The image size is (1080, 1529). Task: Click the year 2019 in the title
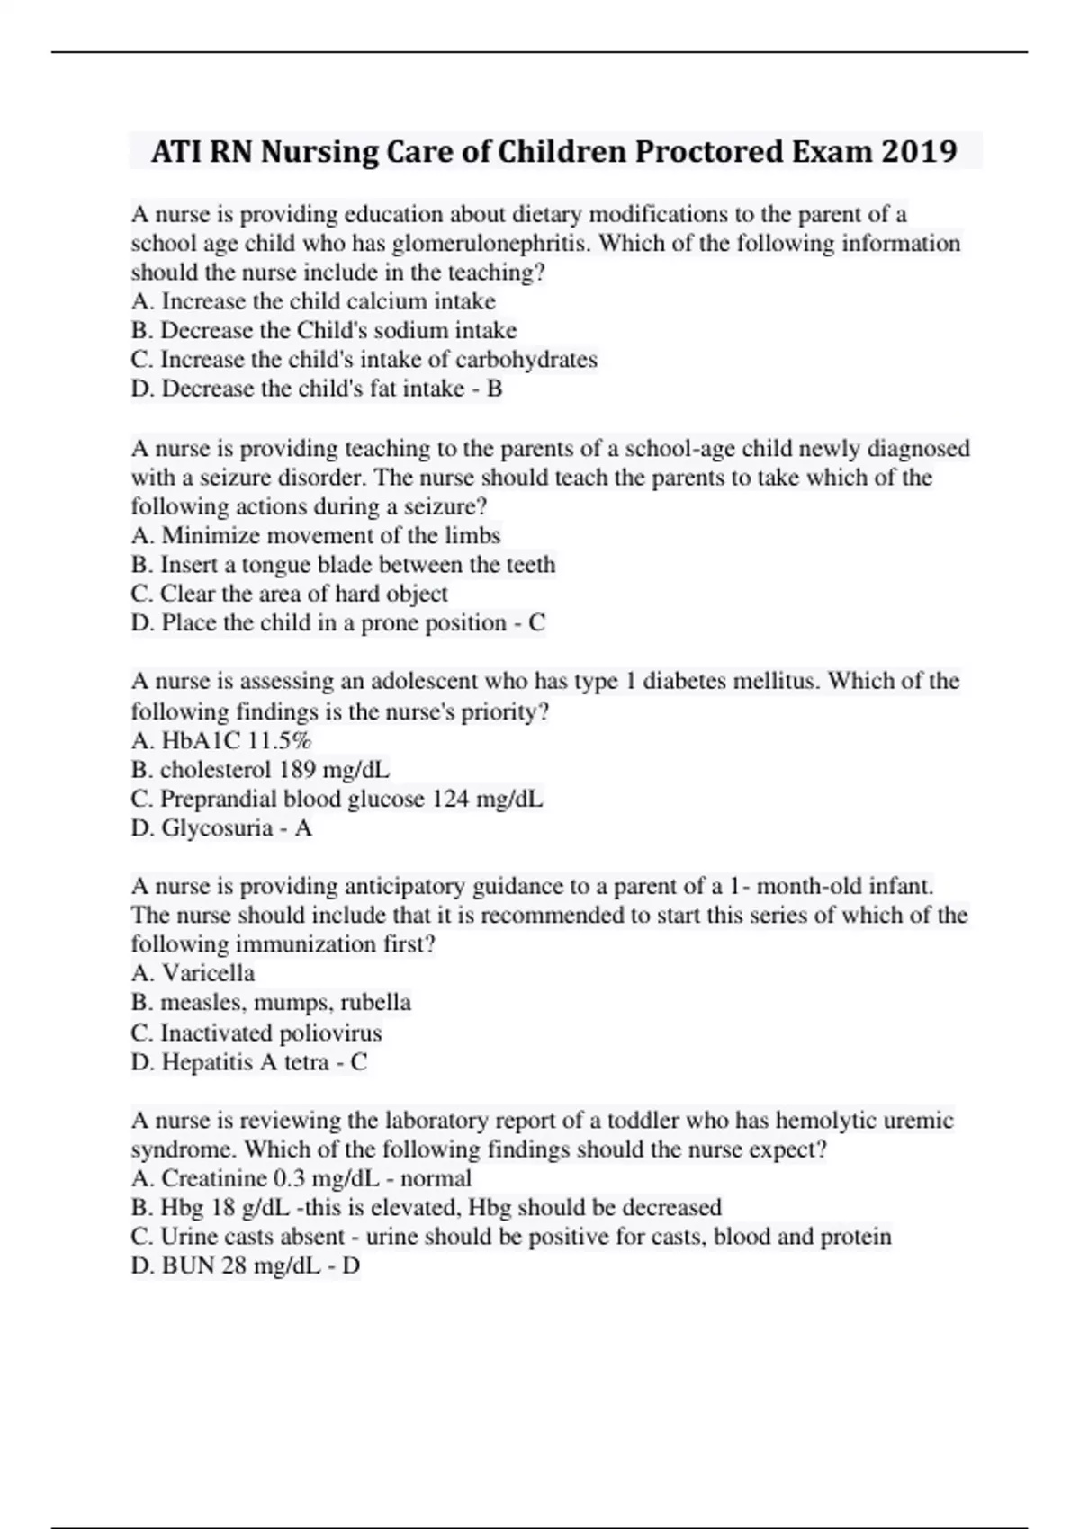(x=919, y=151)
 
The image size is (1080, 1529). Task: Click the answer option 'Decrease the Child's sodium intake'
(x=324, y=330)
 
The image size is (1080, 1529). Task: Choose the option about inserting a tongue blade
(x=343, y=565)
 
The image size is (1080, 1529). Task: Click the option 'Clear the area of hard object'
(x=289, y=594)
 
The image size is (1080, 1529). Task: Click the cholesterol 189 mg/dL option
(x=260, y=770)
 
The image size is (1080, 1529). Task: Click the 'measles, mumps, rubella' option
(x=271, y=1003)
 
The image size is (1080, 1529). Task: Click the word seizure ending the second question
(x=441, y=506)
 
